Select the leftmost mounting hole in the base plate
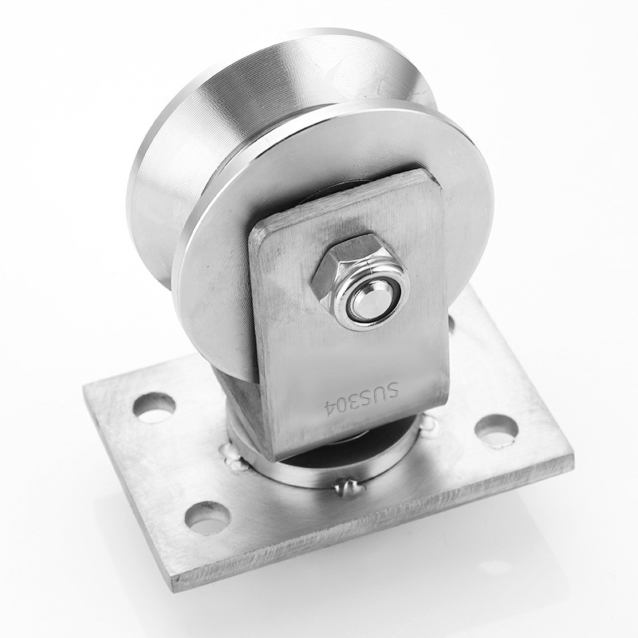[154, 408]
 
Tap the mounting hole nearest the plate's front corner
[207, 517]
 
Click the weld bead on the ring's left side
[233, 458]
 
